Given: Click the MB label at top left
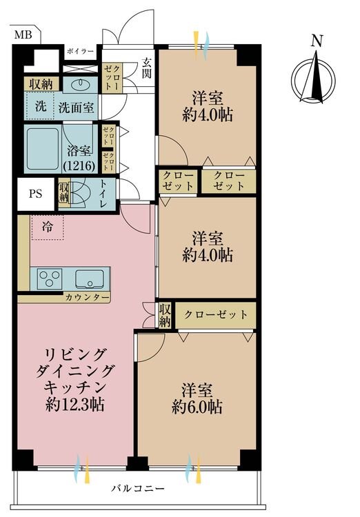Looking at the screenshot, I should click(23, 33).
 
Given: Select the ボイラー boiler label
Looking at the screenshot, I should click(81, 52).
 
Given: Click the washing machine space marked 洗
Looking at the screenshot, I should click(41, 107).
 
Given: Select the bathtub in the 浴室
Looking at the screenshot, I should click(43, 148).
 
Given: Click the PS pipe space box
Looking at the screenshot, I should click(35, 193).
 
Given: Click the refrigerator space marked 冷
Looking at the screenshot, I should click(46, 225).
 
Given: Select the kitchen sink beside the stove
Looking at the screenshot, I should click(90, 278).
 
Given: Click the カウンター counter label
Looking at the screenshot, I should click(87, 297).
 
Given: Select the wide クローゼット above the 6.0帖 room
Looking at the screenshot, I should click(215, 314).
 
